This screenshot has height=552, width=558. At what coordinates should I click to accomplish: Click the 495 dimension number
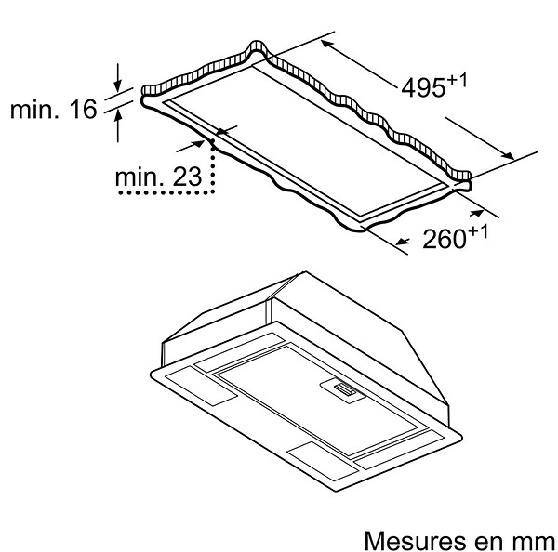pyautogui.click(x=423, y=87)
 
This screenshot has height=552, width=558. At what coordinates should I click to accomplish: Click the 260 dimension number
pyautogui.click(x=445, y=239)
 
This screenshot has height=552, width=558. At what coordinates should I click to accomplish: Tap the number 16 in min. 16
pyautogui.click(x=84, y=109)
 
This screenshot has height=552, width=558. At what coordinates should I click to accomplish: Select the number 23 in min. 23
pyautogui.click(x=188, y=177)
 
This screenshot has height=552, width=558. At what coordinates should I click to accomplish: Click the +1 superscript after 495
pyautogui.click(x=457, y=81)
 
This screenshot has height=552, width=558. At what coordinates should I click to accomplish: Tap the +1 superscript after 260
pyautogui.click(x=478, y=232)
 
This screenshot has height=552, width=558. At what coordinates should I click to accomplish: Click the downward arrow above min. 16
pyautogui.click(x=117, y=77)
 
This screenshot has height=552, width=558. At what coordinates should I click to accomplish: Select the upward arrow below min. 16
pyautogui.click(x=118, y=125)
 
